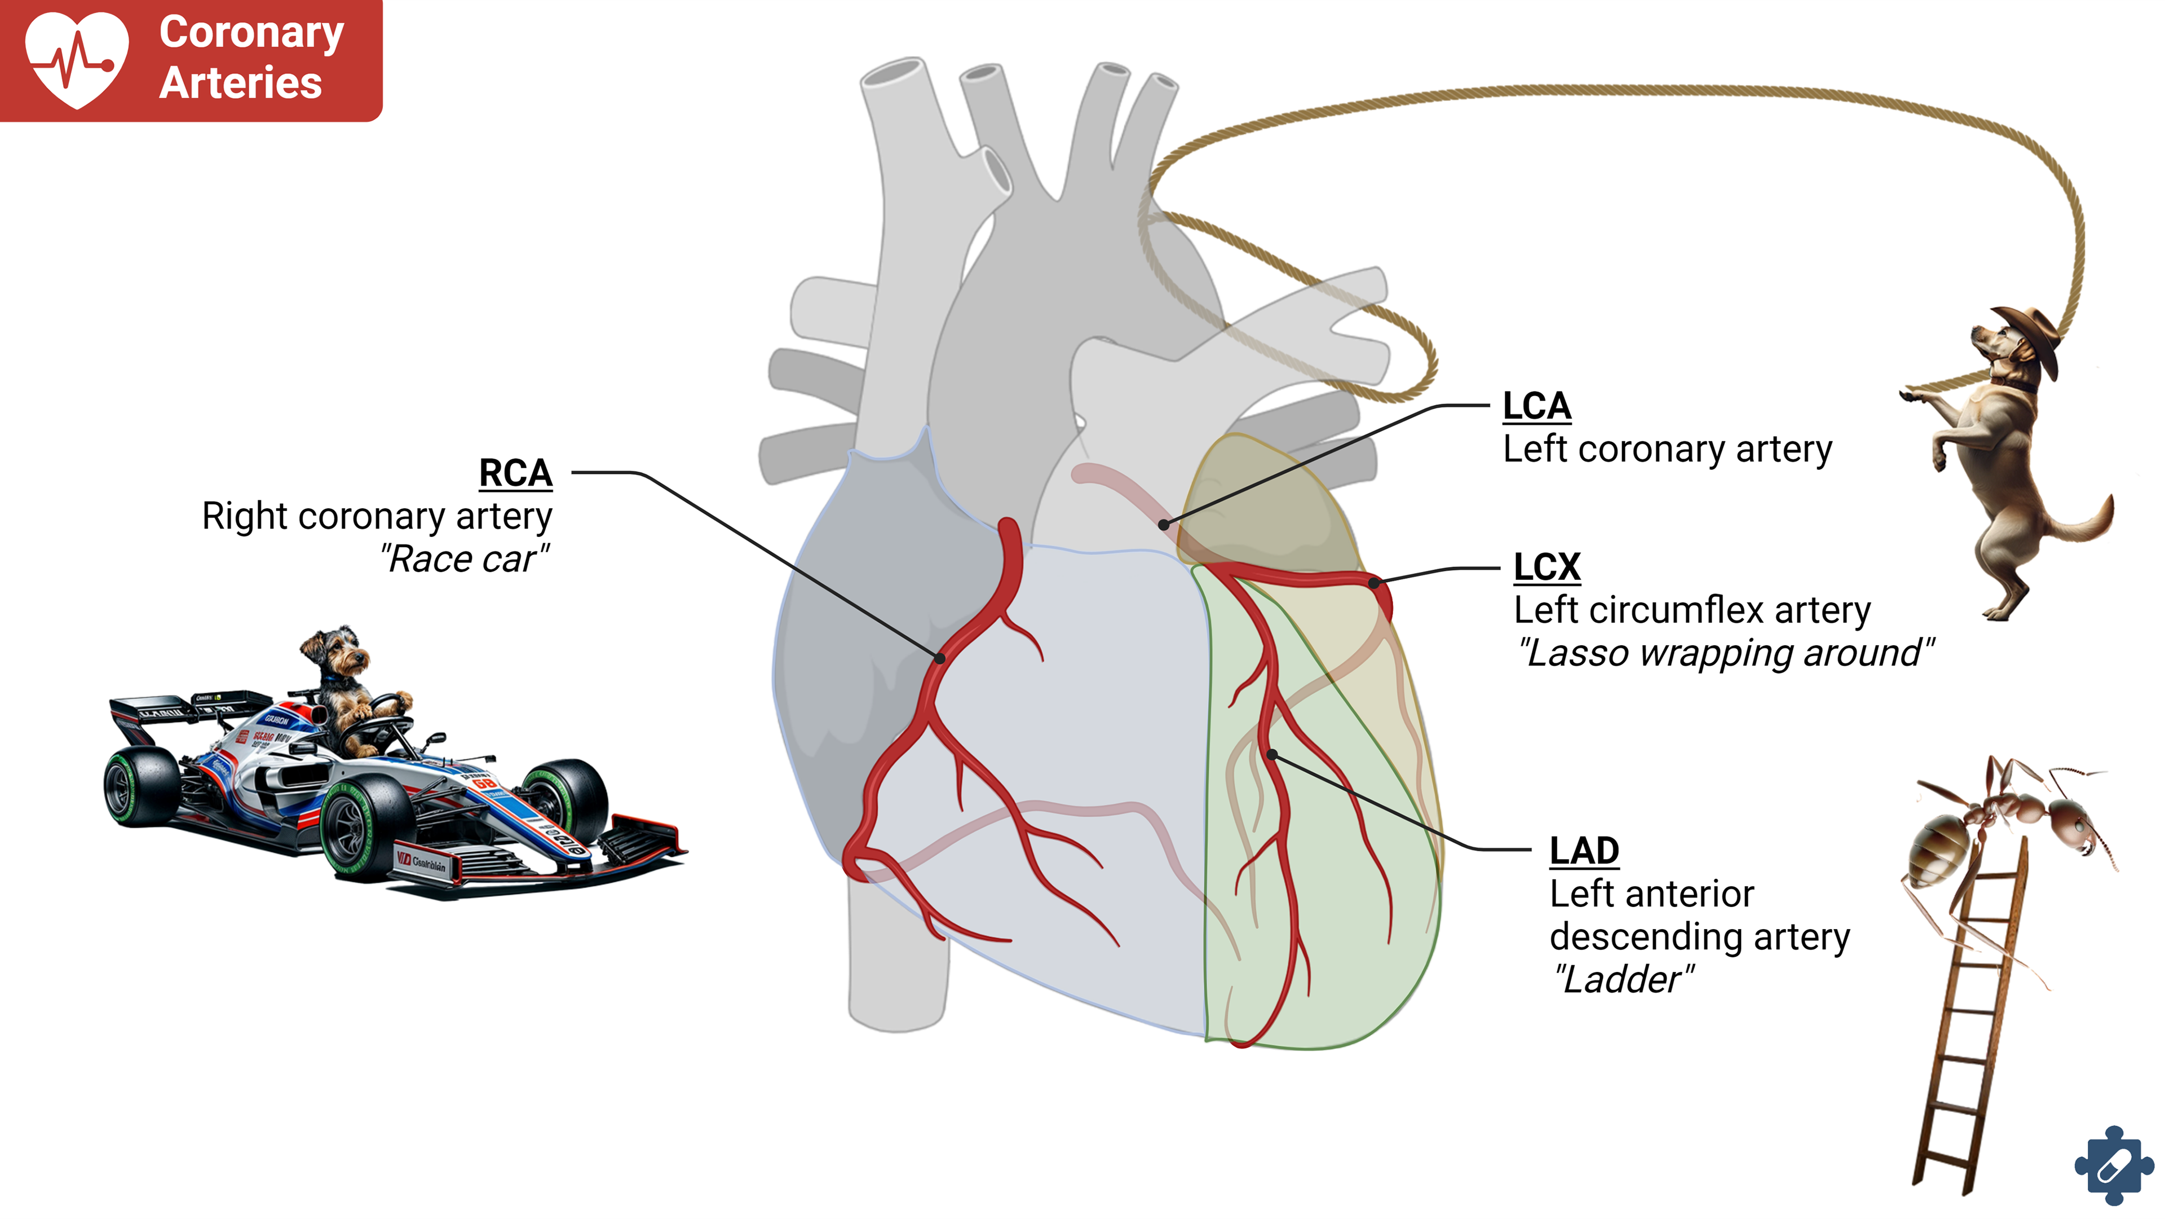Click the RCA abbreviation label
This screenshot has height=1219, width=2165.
click(x=515, y=473)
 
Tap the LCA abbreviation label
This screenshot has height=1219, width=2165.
click(x=1536, y=407)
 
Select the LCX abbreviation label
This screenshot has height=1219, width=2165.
click(x=1547, y=567)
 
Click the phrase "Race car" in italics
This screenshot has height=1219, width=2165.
click(x=464, y=559)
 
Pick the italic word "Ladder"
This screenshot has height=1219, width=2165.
click(x=1622, y=979)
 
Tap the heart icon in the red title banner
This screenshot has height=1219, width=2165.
click(x=77, y=59)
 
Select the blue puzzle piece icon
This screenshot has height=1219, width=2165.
click(x=2113, y=1166)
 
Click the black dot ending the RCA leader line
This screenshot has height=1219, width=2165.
click(x=940, y=658)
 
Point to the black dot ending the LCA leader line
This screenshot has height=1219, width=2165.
click(x=1163, y=525)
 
